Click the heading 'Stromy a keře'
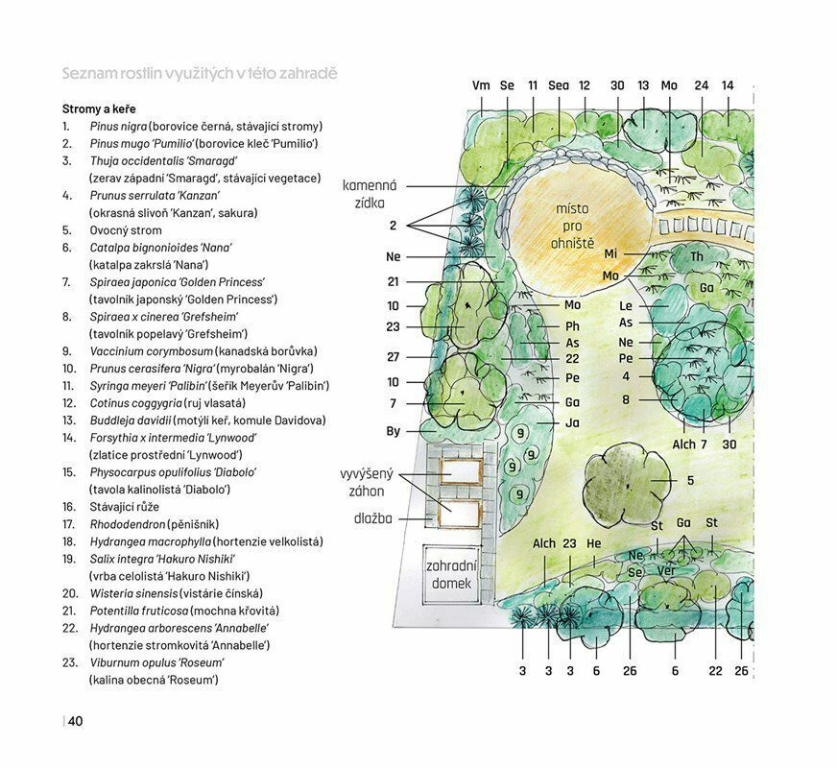pos(99,108)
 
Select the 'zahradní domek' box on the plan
pos(451,574)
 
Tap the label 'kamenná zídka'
pos(370,194)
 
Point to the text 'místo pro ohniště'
pos(572,226)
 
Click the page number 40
pos(75,721)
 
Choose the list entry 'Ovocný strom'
pos(126,230)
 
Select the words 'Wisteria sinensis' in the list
pos(133,593)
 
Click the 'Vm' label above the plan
pos(481,85)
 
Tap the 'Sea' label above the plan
pos(559,85)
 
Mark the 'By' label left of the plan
pos(393,431)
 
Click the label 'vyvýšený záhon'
pos(367,483)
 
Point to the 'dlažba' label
pos(373,518)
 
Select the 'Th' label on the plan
pos(697,256)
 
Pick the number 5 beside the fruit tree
pos(690,480)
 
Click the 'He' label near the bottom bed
pos(593,543)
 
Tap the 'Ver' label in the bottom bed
pos(666,570)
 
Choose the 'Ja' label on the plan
pos(572,422)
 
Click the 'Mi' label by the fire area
pos(610,253)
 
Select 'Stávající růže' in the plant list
pos(125,507)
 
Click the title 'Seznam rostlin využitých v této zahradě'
pos(200,73)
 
